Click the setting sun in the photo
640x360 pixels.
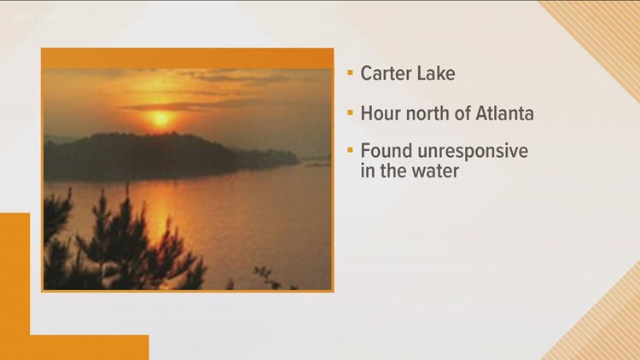160,119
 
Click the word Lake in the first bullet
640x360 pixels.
436,73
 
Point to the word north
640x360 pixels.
426,112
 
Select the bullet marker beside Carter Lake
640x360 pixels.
350,74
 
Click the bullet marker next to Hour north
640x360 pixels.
350,113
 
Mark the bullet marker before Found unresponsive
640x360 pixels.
350,151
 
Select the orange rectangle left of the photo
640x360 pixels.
15,273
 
